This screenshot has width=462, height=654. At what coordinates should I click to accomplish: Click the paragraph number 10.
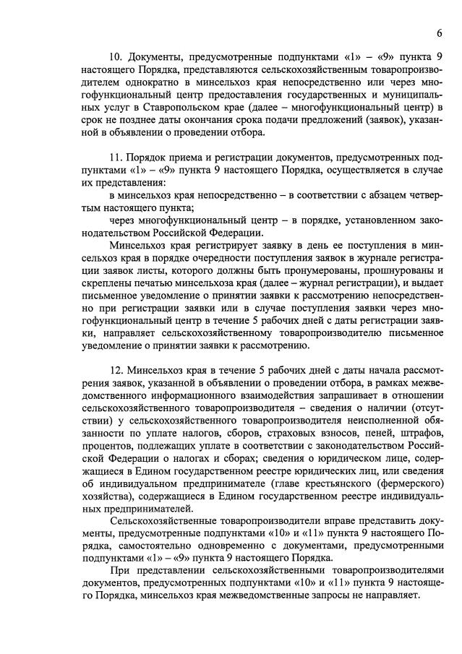pyautogui.click(x=116, y=56)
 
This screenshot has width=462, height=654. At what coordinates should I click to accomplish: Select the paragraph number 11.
pyautogui.click(x=116, y=157)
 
